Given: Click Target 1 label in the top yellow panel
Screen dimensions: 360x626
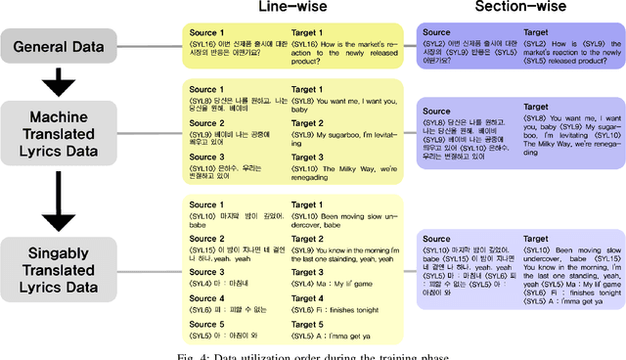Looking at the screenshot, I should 310,32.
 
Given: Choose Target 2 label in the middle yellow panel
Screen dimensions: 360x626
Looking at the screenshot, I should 310,123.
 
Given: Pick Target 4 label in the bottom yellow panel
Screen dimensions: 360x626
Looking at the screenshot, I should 310,298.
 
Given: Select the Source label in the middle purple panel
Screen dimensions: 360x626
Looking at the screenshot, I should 431,107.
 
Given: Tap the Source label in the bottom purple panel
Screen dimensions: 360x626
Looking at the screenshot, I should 431,239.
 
